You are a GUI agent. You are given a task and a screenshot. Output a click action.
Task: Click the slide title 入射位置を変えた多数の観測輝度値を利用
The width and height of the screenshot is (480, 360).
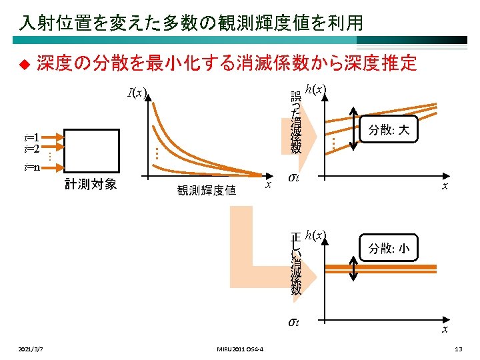(x=191, y=23)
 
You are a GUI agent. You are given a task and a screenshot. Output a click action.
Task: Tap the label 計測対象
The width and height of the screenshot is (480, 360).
(x=91, y=184)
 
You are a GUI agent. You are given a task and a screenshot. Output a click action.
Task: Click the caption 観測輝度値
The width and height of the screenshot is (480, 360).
(x=207, y=191)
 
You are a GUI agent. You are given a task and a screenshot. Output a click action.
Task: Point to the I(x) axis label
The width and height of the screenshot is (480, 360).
(x=137, y=93)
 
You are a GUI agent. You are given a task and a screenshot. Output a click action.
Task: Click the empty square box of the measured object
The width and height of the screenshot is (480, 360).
(x=90, y=151)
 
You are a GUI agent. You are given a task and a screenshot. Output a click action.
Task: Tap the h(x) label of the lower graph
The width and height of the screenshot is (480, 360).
(x=315, y=235)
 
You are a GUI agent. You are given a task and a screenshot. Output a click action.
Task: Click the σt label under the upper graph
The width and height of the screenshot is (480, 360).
(x=293, y=177)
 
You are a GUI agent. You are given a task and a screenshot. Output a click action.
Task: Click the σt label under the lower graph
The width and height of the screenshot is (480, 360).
(x=293, y=322)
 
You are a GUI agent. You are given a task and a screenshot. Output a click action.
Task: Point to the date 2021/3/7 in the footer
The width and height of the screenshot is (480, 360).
(x=33, y=349)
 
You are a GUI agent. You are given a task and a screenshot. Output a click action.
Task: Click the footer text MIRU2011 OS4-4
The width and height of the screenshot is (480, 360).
(x=240, y=349)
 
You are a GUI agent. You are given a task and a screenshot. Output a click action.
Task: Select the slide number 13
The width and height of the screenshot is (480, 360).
(x=457, y=349)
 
